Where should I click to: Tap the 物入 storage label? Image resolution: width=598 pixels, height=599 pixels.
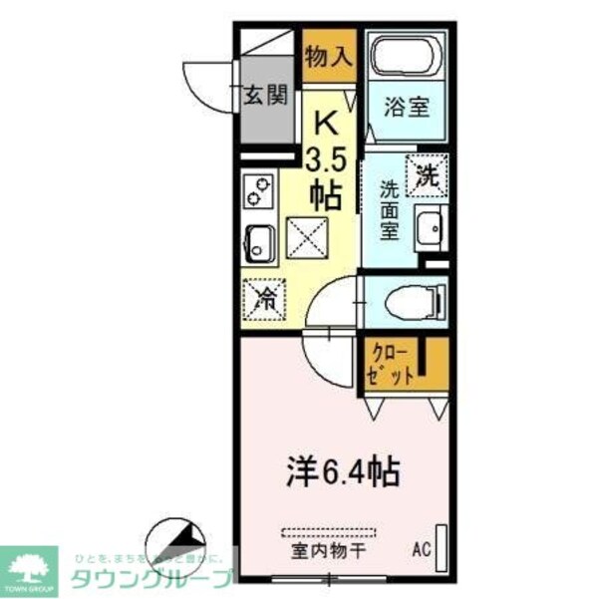pyautogui.click(x=328, y=58)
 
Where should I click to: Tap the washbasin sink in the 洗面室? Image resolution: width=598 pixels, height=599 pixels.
pyautogui.click(x=432, y=229)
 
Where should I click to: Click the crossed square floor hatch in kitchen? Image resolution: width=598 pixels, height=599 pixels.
pyautogui.click(x=306, y=237)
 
